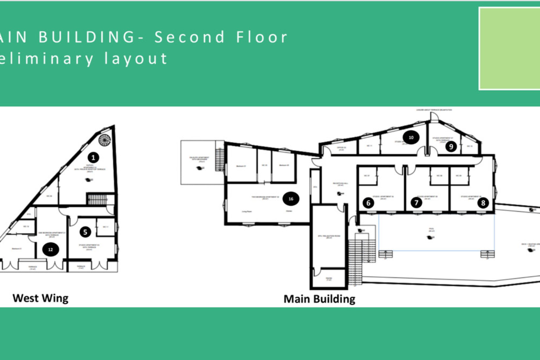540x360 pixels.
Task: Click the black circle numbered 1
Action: (x=93, y=157)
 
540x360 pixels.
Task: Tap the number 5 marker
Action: (x=85, y=232)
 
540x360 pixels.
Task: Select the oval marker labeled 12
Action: (x=51, y=249)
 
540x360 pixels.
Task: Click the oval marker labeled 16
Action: (x=291, y=199)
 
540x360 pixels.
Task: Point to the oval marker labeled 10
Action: (x=411, y=138)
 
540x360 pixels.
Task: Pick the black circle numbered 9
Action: (x=451, y=146)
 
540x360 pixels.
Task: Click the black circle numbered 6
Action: (x=368, y=203)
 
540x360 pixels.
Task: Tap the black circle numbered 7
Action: (x=416, y=202)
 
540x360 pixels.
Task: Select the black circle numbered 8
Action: (x=483, y=203)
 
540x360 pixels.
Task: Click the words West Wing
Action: (x=40, y=298)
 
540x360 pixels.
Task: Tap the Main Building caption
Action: (x=319, y=299)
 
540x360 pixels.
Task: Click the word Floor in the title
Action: (x=262, y=37)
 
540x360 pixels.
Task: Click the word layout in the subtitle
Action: (x=136, y=58)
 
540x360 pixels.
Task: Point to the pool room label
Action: (x=431, y=230)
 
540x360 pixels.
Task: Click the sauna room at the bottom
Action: (x=329, y=279)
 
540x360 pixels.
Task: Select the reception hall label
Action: (x=340, y=184)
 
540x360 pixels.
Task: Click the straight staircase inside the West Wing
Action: (x=97, y=199)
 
